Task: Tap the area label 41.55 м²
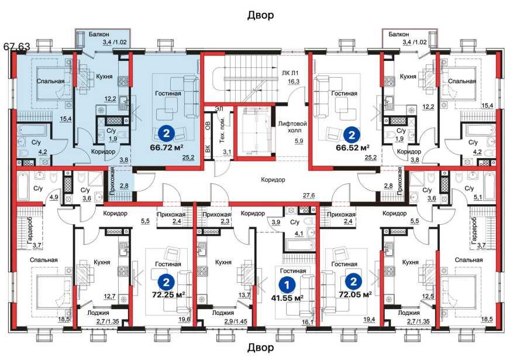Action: pyautogui.click(x=287, y=298)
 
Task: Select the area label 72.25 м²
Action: pyautogui.click(x=168, y=295)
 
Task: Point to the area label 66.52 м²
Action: pyautogui.click(x=353, y=148)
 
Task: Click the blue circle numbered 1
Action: pyautogui.click(x=287, y=285)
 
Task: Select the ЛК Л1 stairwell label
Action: pyautogui.click(x=290, y=73)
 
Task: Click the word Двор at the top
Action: pyautogui.click(x=261, y=15)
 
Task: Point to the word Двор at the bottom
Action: pyautogui.click(x=261, y=348)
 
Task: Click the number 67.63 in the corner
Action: pyautogui.click(x=17, y=46)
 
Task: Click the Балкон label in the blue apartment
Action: pyautogui.click(x=99, y=35)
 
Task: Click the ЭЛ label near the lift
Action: pyautogui.click(x=219, y=109)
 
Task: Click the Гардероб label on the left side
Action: pyautogui.click(x=30, y=231)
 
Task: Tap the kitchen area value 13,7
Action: pyautogui.click(x=244, y=296)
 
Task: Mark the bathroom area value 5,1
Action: pyautogui.click(x=478, y=198)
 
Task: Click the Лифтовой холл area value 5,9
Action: pyautogui.click(x=299, y=141)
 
